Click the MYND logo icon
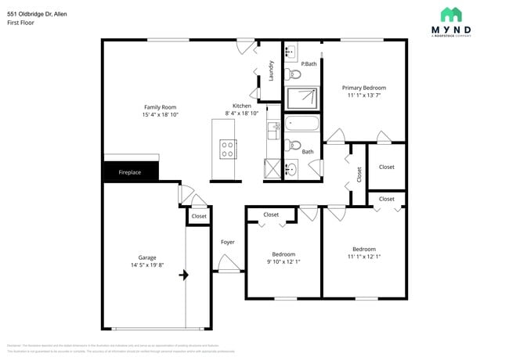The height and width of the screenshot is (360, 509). (450, 15)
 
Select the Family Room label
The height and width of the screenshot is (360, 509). (160, 106)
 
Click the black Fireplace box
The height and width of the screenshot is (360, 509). (131, 172)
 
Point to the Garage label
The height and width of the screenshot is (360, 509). (147, 257)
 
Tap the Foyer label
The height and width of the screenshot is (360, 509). (227, 242)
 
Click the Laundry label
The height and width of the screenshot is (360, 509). (271, 71)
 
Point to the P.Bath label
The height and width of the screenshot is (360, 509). (309, 63)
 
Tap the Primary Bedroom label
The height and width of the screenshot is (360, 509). (363, 88)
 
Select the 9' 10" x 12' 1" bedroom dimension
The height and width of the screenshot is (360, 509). (283, 261)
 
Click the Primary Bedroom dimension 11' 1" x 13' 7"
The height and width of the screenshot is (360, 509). (363, 96)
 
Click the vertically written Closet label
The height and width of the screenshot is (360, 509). (359, 175)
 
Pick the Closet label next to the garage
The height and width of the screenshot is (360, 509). (199, 216)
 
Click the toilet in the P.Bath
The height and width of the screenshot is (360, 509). (293, 75)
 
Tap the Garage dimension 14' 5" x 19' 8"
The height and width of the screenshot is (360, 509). (147, 265)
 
